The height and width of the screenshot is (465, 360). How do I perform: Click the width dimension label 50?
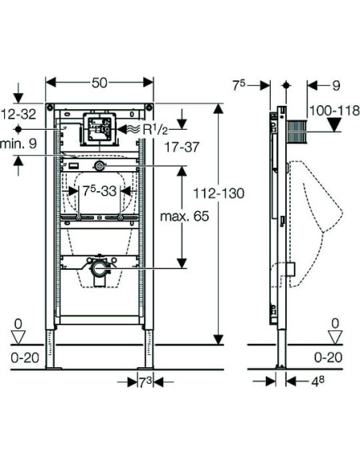point(99,83)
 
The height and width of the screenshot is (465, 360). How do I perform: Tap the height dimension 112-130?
point(219,193)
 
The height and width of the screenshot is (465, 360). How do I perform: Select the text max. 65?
point(185,217)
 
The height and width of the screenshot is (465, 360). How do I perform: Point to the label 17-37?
point(182,147)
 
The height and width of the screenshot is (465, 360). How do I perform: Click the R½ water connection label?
point(155,129)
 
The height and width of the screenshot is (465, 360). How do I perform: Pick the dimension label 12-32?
point(18,114)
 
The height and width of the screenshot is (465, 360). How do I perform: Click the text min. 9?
point(18,143)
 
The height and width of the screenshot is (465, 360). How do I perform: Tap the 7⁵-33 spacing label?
point(100,191)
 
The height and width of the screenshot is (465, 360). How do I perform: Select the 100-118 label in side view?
point(335,111)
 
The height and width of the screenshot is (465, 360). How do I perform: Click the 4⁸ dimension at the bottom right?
point(317,382)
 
